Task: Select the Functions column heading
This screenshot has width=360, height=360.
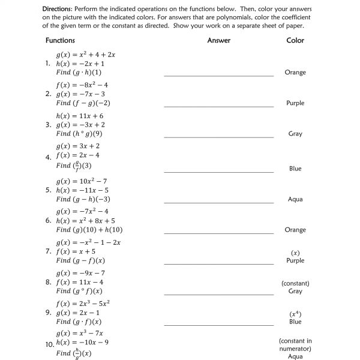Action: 60,40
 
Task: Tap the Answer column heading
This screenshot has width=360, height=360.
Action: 218,40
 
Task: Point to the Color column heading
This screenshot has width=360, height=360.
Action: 295,40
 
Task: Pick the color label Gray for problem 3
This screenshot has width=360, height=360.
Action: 295,134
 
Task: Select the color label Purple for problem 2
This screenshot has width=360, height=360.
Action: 295,103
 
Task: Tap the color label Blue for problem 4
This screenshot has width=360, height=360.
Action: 295,169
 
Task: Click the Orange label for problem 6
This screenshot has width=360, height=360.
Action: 295,230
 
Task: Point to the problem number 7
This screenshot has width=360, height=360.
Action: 48,251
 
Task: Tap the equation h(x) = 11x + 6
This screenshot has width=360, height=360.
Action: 80,116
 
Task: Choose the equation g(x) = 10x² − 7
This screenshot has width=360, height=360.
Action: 82,181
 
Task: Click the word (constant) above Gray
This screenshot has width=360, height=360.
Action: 295,283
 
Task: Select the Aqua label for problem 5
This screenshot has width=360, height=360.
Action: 295,199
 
